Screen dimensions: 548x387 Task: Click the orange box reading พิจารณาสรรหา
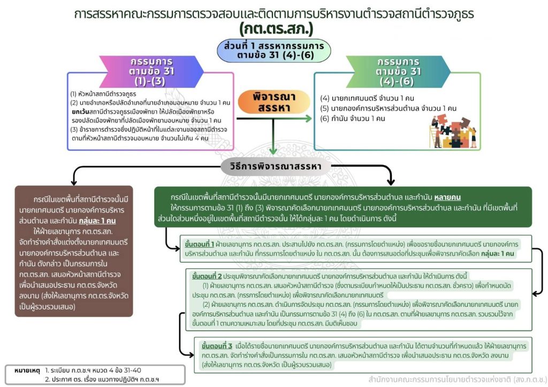pyautogui.click(x=274, y=102)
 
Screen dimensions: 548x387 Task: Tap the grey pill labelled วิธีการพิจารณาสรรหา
pyautogui.click(x=276, y=166)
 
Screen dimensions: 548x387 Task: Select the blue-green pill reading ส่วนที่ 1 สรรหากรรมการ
pyautogui.click(x=273, y=51)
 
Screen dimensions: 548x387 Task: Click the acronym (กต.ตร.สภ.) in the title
pyautogui.click(x=276, y=29)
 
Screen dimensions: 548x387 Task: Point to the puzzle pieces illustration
pyautogui.click(x=453, y=131)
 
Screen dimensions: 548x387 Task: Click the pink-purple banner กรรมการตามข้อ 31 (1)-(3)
pyautogui.click(x=151, y=72)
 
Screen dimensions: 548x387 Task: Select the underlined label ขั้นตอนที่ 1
pyautogui.click(x=199, y=244)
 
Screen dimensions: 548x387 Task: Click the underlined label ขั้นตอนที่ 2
pyautogui.click(x=207, y=276)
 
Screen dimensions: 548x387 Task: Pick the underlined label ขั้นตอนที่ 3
pyautogui.click(x=217, y=346)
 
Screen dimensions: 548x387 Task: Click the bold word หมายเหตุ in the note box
pyautogui.click(x=27, y=370)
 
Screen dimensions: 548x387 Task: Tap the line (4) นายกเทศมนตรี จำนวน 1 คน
pyautogui.click(x=367, y=98)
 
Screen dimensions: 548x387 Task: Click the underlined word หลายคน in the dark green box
pyautogui.click(x=447, y=197)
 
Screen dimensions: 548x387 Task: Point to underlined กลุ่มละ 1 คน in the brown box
pyautogui.click(x=97, y=221)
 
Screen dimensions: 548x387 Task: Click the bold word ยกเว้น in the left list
pyautogui.click(x=80, y=112)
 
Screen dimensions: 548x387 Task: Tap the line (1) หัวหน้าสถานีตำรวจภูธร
pyautogui.click(x=103, y=94)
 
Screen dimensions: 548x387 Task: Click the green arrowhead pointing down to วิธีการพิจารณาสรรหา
pyautogui.click(x=273, y=151)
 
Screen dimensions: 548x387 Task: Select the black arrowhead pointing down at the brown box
pyautogui.click(x=74, y=182)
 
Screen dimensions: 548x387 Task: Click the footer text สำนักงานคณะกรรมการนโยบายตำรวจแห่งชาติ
pyautogui.click(x=440, y=380)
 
